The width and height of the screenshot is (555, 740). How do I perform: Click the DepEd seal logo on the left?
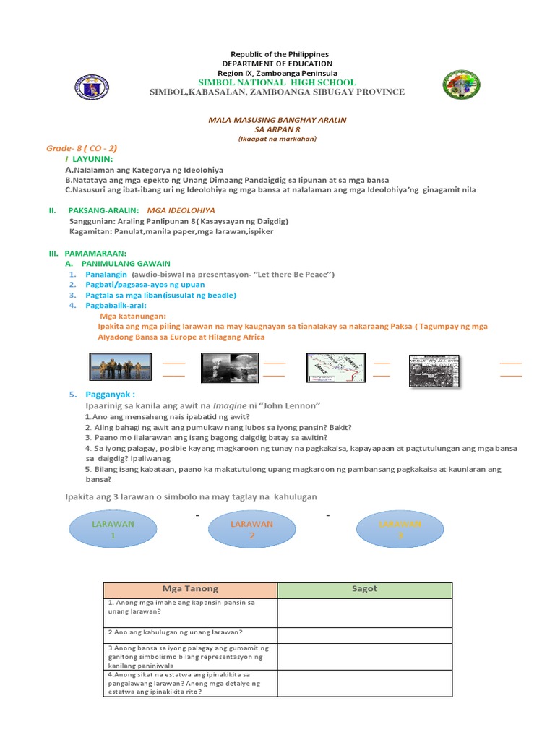pyautogui.click(x=92, y=87)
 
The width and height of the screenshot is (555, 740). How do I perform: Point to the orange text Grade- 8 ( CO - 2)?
pyautogui.click(x=82, y=147)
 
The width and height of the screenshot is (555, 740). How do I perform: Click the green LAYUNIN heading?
pyautogui.click(x=92, y=158)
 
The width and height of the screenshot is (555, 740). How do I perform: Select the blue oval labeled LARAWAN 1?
pyautogui.click(x=113, y=529)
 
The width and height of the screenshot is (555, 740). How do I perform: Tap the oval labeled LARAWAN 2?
pyautogui.click(x=251, y=529)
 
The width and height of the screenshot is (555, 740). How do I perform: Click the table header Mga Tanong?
pyautogui.click(x=191, y=589)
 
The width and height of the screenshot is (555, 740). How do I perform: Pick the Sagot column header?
pyautogui.click(x=365, y=589)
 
